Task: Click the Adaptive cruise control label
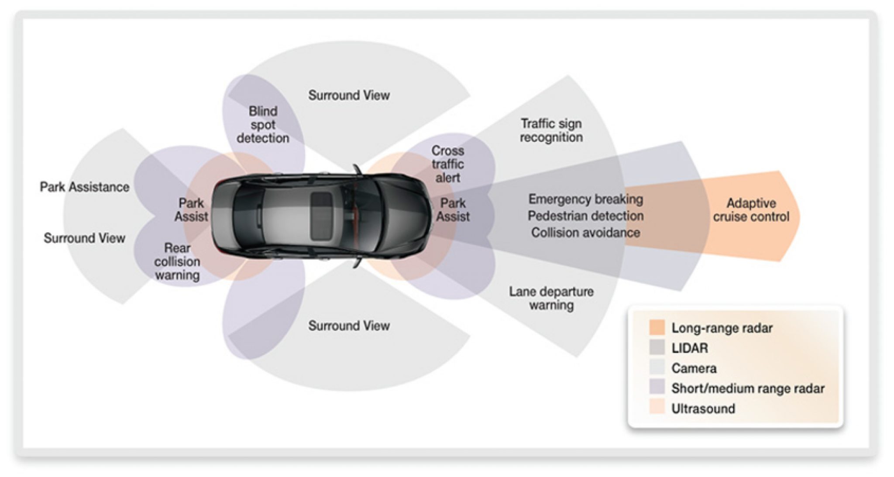pyautogui.click(x=751, y=210)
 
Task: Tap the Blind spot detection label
pyautogui.click(x=263, y=125)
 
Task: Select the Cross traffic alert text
pyautogui.click(x=447, y=164)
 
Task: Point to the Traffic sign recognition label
pyautogui.click(x=551, y=130)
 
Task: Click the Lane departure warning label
pyautogui.click(x=551, y=298)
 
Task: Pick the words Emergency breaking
pyautogui.click(x=585, y=199)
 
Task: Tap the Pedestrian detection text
pyautogui.click(x=585, y=216)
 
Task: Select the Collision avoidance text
pyautogui.click(x=585, y=233)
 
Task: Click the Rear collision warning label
pyautogui.click(x=177, y=261)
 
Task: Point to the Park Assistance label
pyautogui.click(x=85, y=187)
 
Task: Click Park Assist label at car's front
pyautogui.click(x=453, y=210)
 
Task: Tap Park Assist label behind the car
pyautogui.click(x=191, y=210)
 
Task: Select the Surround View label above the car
pyautogui.click(x=349, y=96)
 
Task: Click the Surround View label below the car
pyautogui.click(x=349, y=326)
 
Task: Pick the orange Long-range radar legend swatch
pyautogui.click(x=657, y=328)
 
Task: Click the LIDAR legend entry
pyautogui.click(x=690, y=348)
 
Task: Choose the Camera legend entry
pyautogui.click(x=694, y=368)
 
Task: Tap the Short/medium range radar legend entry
pyautogui.click(x=747, y=388)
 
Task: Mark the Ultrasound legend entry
pyautogui.click(x=703, y=408)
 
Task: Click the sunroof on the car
pyautogui.click(x=322, y=216)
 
